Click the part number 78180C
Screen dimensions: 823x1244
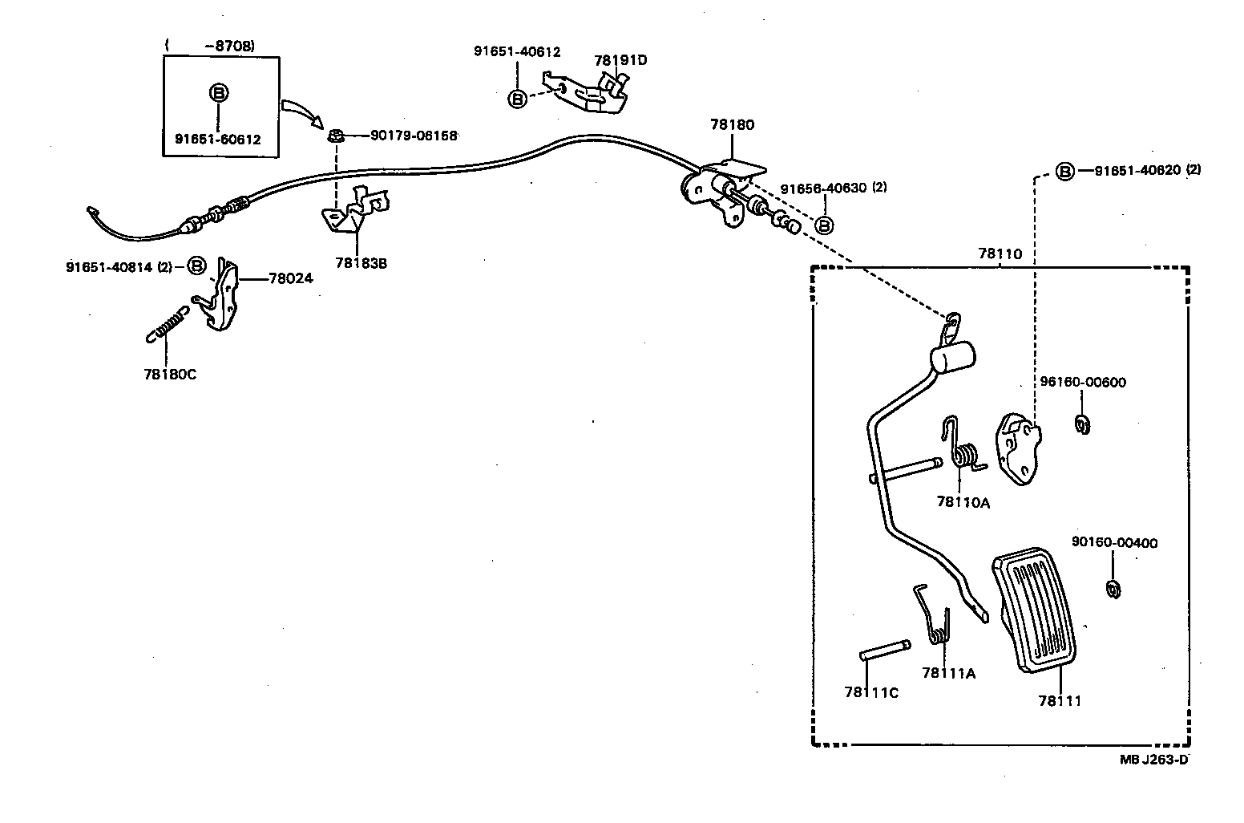(169, 374)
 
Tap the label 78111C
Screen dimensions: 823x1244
(870, 692)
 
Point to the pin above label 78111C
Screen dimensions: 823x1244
(884, 649)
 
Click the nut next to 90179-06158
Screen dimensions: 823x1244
(337, 136)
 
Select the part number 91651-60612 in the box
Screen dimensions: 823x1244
(218, 139)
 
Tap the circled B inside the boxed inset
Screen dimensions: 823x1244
(218, 93)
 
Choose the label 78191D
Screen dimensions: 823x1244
(620, 60)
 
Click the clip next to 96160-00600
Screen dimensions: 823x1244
(1083, 424)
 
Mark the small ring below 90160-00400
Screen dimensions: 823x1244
(1113, 589)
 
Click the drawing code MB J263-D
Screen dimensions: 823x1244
(1154, 759)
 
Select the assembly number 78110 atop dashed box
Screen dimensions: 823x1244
(1000, 253)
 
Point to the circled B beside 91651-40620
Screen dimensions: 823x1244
(1064, 171)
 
